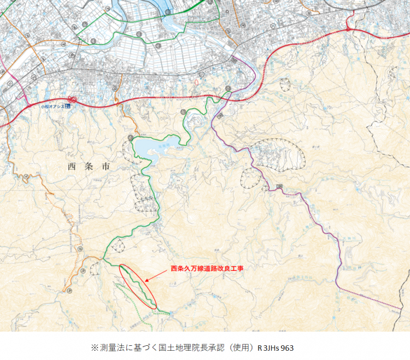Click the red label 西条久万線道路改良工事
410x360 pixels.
[x=206, y=269]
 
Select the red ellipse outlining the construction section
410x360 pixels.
[x=138, y=286]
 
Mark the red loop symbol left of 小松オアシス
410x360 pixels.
[x=72, y=101]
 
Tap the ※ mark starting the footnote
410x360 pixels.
[x=95, y=347]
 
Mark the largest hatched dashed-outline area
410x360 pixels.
[x=279, y=154]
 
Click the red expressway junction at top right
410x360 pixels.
[x=348, y=31]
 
